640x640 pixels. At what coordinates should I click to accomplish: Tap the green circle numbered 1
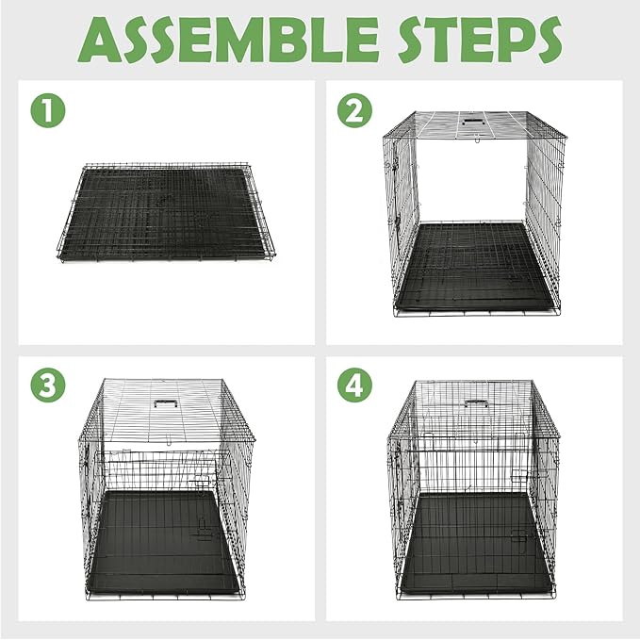48,110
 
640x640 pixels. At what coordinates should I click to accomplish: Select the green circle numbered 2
353,110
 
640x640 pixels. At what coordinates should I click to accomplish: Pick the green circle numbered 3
48,386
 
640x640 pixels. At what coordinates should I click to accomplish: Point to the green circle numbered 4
353,386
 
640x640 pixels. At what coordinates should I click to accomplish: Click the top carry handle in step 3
167,402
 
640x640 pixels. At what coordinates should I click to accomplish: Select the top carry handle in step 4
475,402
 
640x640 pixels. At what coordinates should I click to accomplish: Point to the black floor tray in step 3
160,542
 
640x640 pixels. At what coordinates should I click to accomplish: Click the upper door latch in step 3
200,482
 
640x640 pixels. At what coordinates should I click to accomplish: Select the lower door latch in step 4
517,536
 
